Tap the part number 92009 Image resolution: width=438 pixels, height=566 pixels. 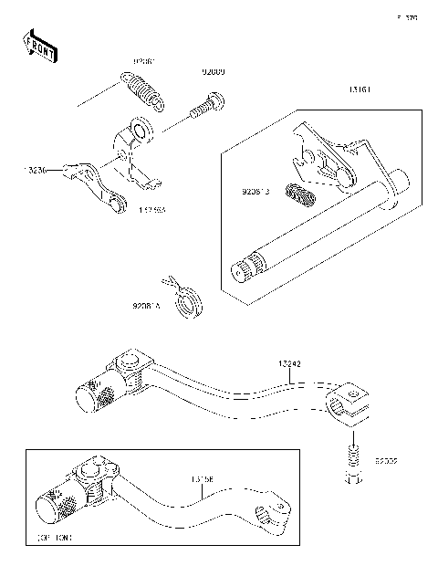[x=214, y=70]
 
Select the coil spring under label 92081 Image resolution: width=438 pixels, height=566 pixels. [x=141, y=90]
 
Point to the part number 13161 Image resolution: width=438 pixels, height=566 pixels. [x=359, y=90]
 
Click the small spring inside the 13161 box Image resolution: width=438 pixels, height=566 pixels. [x=298, y=194]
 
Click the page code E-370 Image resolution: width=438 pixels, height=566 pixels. [x=407, y=16]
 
